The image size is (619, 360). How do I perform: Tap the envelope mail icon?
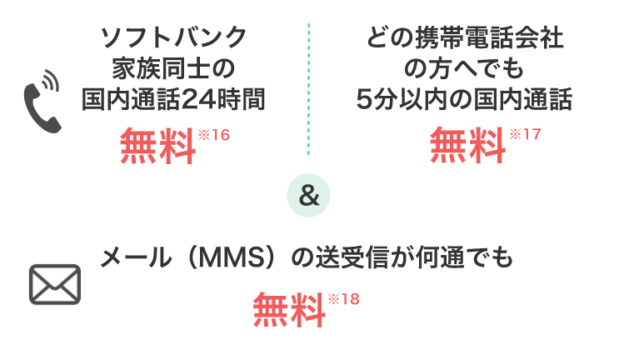pos(54,284)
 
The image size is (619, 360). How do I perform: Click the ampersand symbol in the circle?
pos(308,197)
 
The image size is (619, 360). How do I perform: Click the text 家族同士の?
pos(173,68)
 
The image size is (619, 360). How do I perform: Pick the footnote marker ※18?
pos(344,298)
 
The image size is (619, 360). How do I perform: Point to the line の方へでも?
pos(464,68)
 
